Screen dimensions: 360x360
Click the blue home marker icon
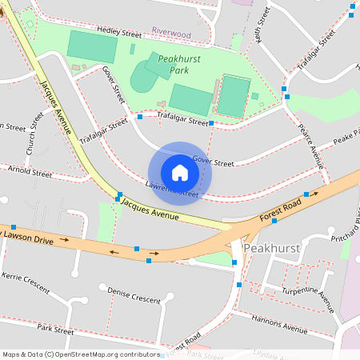[180, 173]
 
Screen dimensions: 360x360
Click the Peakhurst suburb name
[271, 248]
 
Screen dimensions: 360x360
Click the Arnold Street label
[30, 171]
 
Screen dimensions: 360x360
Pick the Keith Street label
[257, 32]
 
